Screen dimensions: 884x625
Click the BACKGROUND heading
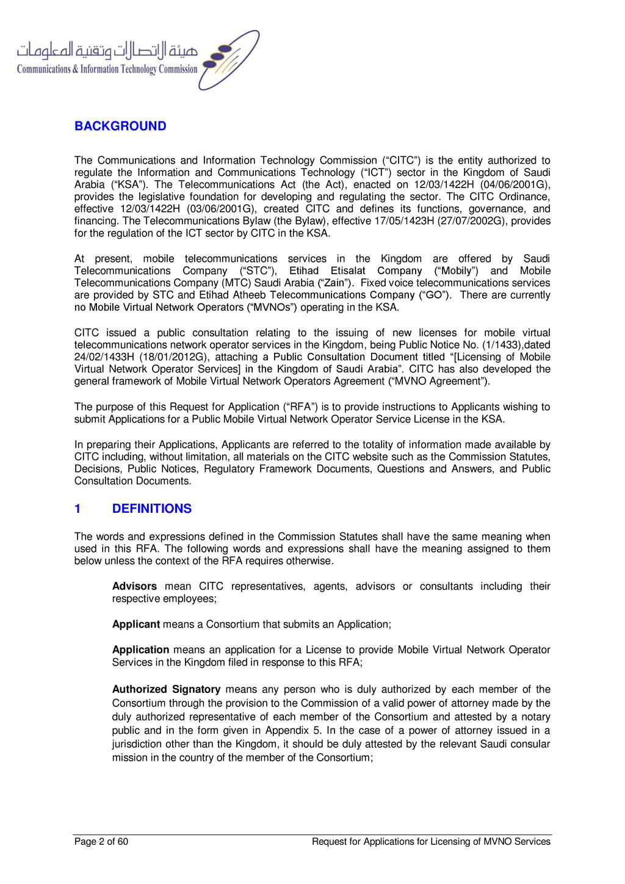coord(120,126)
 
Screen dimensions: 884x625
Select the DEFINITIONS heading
coord(152,509)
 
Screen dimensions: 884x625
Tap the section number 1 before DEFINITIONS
coord(78,509)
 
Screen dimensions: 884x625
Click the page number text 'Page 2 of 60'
coord(101,842)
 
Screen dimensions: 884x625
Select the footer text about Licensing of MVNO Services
coord(431,842)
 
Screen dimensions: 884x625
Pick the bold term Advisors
coord(134,586)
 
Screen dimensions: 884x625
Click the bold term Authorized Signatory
coord(166,689)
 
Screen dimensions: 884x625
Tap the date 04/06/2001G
coord(515,184)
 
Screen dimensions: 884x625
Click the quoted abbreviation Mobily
coord(456,270)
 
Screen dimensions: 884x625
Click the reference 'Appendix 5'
coord(295,730)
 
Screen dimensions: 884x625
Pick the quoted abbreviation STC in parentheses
coord(257,270)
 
